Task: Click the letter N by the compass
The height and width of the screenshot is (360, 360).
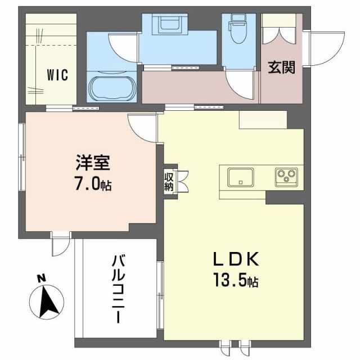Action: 41,278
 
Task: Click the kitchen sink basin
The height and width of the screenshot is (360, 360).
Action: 240,178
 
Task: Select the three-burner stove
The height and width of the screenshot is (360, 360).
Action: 285,178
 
